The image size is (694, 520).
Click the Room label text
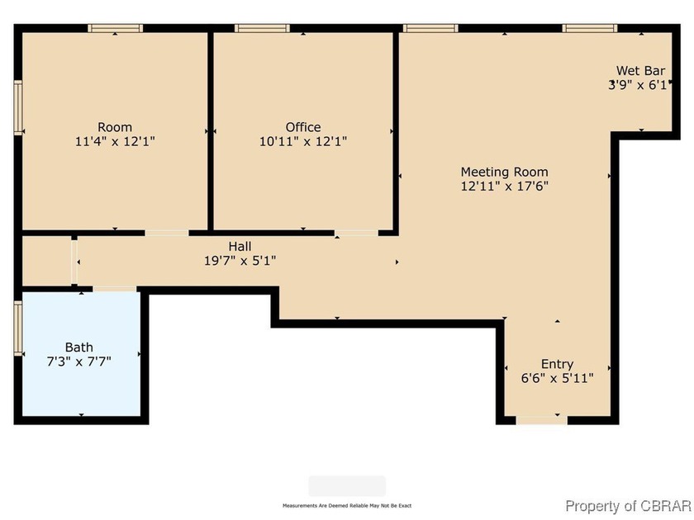[115, 127]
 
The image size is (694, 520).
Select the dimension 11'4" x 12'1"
[115, 141]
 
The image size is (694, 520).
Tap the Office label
[303, 127]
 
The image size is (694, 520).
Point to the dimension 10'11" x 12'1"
[303, 141]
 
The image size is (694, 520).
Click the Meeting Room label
[504, 172]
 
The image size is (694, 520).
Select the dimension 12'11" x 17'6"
[504, 186]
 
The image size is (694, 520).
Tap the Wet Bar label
[640, 70]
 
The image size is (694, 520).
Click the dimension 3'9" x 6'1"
[638, 84]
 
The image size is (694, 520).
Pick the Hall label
[240, 246]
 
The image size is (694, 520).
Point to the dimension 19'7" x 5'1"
[240, 260]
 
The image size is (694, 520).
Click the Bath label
[79, 347]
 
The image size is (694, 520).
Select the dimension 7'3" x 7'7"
[79, 361]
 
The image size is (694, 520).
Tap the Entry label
[557, 364]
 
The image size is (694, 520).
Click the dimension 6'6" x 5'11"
[557, 378]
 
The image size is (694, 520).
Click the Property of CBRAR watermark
[627, 506]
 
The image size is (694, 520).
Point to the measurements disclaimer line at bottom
[347, 505]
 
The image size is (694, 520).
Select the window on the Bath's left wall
[17, 328]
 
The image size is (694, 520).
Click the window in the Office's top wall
[262, 28]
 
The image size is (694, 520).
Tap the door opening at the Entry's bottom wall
[542, 420]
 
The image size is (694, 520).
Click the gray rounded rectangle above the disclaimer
[347, 485]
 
